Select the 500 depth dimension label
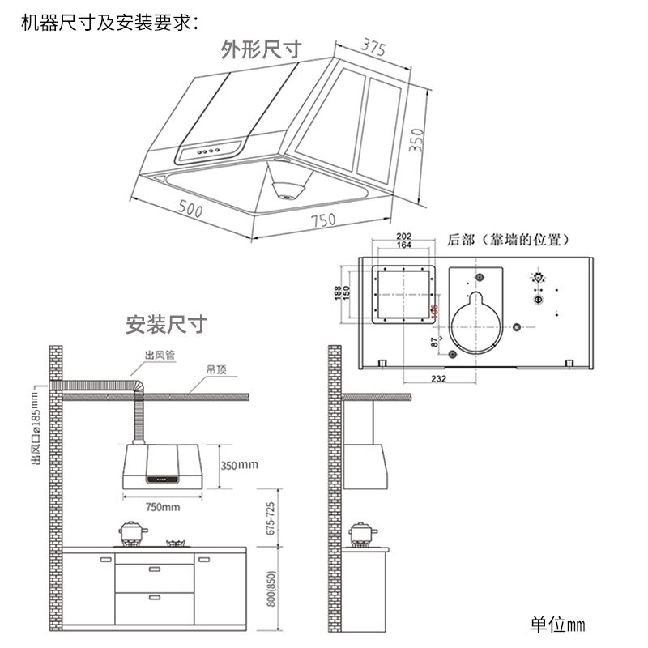click(190, 210)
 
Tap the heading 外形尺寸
click(262, 49)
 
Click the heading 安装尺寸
click(166, 325)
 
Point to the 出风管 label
click(160, 355)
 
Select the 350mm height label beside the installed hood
click(240, 465)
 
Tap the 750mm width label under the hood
click(162, 507)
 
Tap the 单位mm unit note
click(556, 625)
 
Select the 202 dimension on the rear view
click(403, 237)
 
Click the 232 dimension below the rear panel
click(438, 378)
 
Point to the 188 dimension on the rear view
click(338, 293)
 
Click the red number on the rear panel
click(434, 311)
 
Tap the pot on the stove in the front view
click(133, 533)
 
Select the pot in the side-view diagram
click(361, 533)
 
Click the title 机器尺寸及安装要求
click(109, 22)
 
